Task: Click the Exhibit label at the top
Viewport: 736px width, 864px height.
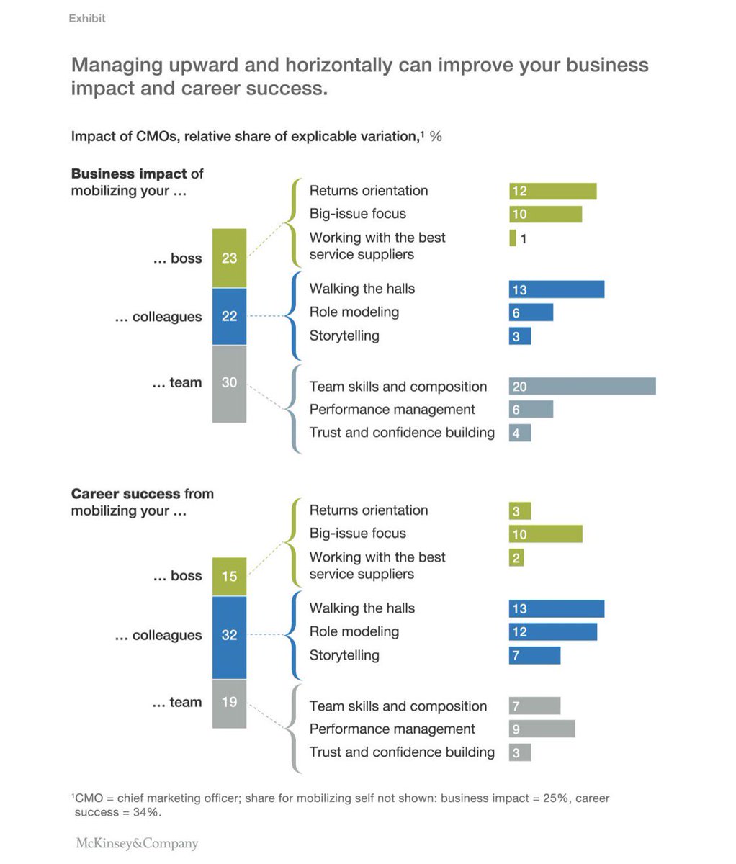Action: click(87, 19)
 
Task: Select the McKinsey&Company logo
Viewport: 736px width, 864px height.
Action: click(137, 843)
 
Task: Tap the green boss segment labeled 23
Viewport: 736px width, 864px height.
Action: click(229, 258)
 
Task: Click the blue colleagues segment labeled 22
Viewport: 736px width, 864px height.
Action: click(229, 317)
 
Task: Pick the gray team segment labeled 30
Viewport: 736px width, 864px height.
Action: click(229, 383)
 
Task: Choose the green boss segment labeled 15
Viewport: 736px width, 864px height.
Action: click(229, 577)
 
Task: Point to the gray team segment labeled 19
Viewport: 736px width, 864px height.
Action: click(229, 703)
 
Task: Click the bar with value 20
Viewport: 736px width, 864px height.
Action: click(582, 387)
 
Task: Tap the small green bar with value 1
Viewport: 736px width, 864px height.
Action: click(513, 238)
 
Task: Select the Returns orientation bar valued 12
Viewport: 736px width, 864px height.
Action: click(552, 191)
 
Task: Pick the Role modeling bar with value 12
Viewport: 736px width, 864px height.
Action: click(552, 632)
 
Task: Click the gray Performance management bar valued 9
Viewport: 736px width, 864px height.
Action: click(542, 729)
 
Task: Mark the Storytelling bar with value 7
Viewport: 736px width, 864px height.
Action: click(534, 656)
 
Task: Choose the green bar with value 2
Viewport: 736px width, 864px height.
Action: click(516, 558)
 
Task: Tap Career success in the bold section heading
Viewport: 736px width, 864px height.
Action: click(125, 494)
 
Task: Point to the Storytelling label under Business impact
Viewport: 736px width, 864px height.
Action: click(344, 336)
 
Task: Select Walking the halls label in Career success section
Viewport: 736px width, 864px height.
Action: click(362, 608)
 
